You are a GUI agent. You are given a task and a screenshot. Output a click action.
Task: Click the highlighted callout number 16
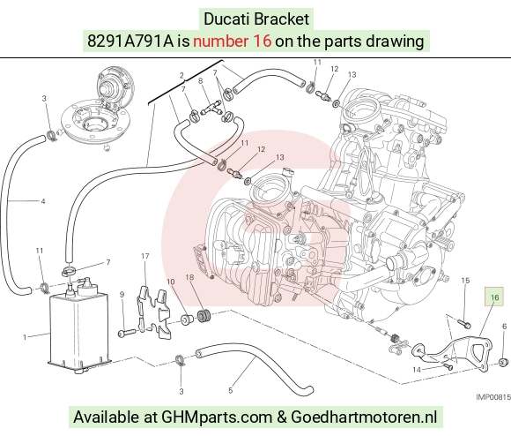point(494,297)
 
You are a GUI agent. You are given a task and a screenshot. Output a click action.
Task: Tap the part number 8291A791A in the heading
point(130,41)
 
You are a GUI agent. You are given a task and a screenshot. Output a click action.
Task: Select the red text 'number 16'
point(232,41)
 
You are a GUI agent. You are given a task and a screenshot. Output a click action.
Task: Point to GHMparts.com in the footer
point(217,417)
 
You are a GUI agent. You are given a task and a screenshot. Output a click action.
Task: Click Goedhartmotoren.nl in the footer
point(364,417)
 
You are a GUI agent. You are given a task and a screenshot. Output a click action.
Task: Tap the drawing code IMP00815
point(493,397)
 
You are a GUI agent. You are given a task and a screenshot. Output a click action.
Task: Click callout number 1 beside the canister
point(25,337)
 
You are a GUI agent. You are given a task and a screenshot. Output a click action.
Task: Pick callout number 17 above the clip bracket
point(145,257)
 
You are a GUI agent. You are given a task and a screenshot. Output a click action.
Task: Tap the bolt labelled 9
point(127,333)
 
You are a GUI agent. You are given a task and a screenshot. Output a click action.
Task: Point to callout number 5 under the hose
point(231,390)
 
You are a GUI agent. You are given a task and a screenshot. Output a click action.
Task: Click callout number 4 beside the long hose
point(43,201)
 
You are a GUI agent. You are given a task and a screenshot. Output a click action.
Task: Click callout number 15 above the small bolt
point(466,281)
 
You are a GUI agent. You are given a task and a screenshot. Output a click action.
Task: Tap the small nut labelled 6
point(504,361)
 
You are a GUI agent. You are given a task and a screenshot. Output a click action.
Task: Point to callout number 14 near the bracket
point(417,370)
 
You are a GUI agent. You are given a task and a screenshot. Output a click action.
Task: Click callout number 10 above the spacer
point(170,282)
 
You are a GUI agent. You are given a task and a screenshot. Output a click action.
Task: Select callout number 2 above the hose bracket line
point(181,75)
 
